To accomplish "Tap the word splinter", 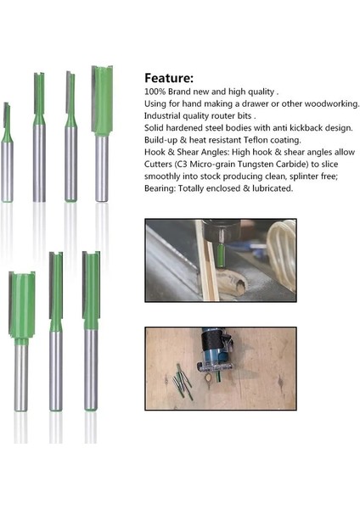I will (x=310, y=176).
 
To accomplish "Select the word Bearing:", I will (x=161, y=188).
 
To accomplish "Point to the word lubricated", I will (x=269, y=188).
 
